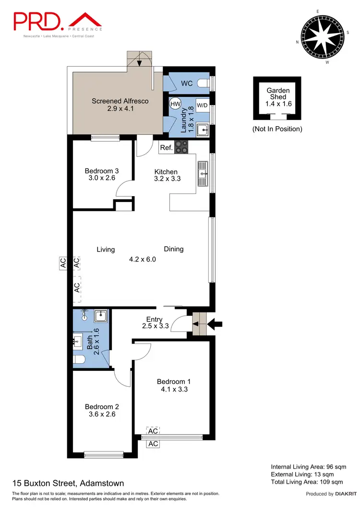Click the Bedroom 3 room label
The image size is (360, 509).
101,171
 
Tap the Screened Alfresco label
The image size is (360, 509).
120,101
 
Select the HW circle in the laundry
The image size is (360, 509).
175,103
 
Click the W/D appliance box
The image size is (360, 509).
203,105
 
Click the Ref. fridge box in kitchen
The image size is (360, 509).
166,148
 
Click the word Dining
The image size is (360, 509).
174,249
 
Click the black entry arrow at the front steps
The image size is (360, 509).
216,325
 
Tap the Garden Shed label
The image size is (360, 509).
277,94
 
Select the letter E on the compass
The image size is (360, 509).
317,11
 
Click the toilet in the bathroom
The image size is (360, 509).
80,360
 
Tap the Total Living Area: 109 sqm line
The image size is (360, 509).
307,481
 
